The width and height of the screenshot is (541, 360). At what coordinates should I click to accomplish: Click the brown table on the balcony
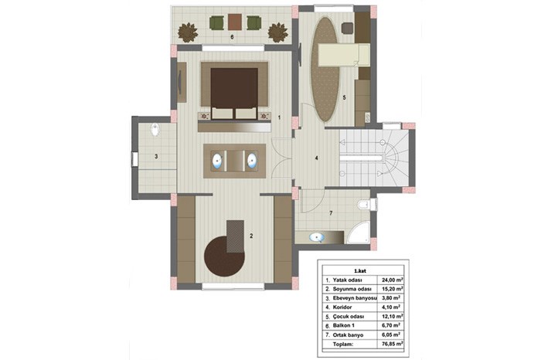(x=234, y=22)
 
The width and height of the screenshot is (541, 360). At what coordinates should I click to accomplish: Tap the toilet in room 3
(x=155, y=129)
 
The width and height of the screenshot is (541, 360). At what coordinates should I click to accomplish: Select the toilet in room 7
(x=364, y=205)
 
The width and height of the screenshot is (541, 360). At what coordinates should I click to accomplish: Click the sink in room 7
(x=316, y=237)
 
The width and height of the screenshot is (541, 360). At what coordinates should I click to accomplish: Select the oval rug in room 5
(x=325, y=69)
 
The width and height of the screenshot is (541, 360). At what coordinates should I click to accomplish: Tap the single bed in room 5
(x=344, y=55)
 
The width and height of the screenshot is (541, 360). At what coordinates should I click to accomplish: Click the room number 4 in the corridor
(x=316, y=158)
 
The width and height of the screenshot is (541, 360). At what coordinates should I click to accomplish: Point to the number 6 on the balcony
(x=232, y=37)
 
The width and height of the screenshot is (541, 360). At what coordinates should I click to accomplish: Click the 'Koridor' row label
(x=342, y=307)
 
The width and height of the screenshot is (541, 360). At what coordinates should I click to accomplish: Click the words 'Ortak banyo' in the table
(x=348, y=335)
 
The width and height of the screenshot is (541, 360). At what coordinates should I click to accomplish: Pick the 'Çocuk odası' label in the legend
(x=349, y=317)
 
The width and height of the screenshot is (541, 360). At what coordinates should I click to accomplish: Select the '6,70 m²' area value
(x=392, y=325)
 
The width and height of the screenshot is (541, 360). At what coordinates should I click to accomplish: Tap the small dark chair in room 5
(x=348, y=29)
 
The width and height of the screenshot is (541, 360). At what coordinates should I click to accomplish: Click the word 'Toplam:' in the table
(x=342, y=344)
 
